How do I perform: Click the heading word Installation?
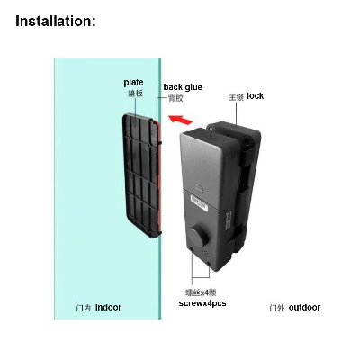(56, 22)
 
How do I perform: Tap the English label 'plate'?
(133, 83)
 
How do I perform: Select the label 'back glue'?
(183, 87)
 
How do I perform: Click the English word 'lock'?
(256, 96)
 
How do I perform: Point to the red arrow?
(180, 120)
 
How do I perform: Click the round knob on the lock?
(199, 235)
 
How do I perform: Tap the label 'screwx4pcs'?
(202, 303)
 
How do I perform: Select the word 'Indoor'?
(108, 308)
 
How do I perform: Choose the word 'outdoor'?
(304, 308)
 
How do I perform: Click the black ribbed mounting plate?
(141, 175)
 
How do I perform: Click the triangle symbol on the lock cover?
(200, 187)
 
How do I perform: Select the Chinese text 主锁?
(236, 97)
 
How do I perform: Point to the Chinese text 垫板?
(135, 94)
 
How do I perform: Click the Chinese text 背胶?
(175, 98)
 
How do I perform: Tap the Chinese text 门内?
(84, 308)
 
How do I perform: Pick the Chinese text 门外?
(277, 308)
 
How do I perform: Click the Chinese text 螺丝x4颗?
(201, 292)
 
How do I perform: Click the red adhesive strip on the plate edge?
(158, 177)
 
